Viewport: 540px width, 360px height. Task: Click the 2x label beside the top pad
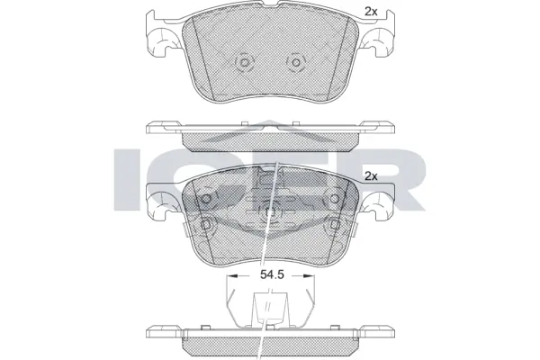[370, 11]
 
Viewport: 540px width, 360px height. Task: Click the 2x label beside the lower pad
[370, 176]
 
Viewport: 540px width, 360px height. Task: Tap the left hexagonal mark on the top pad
[243, 63]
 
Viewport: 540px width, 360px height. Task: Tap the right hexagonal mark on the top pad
[292, 63]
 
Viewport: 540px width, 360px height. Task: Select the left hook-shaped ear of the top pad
[161, 41]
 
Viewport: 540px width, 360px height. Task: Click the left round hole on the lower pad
[207, 199]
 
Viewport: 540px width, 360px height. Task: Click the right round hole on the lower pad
[333, 199]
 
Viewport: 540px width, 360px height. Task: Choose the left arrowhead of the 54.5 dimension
[230, 277]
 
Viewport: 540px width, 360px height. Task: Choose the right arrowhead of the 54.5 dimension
[311, 277]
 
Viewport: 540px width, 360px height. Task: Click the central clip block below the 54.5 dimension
[269, 308]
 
